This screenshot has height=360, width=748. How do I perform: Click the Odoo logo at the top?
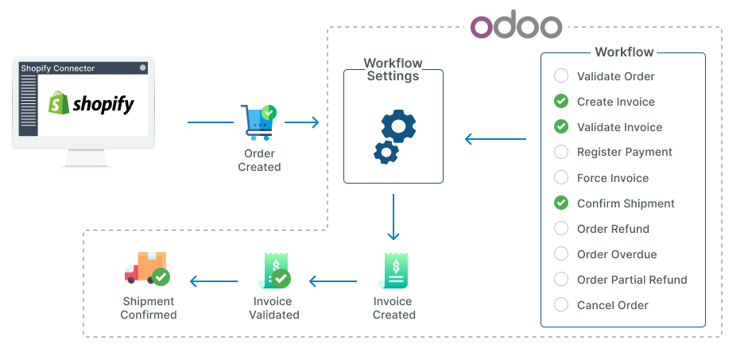tap(516, 25)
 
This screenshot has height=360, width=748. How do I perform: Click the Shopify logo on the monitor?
tap(91, 103)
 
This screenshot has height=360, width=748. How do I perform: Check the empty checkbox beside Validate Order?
tap(561, 76)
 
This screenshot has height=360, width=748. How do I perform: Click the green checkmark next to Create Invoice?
tap(561, 102)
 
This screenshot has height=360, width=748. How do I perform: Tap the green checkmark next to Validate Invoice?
tap(561, 127)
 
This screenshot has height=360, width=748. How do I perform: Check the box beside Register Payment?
tap(561, 152)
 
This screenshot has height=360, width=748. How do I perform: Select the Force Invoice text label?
tap(612, 178)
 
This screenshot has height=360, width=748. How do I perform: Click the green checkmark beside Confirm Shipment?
tap(561, 203)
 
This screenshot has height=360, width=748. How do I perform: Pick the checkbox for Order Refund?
tap(561, 229)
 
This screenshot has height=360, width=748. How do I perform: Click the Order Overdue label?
tap(617, 254)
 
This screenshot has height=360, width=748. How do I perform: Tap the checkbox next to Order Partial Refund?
tap(561, 280)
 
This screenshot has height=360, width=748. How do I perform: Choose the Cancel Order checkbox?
tap(561, 305)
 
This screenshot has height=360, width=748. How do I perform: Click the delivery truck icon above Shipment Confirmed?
tap(147, 269)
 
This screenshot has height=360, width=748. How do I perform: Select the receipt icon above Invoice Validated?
tap(273, 272)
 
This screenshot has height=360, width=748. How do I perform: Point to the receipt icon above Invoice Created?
tap(393, 272)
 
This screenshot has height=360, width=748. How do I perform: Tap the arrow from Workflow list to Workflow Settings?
tap(494, 140)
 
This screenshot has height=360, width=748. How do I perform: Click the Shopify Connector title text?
tap(58, 68)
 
